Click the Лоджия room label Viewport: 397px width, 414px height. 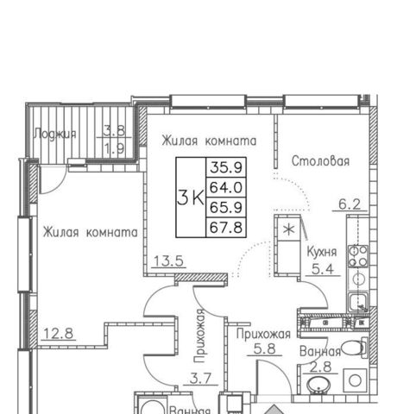(x=55, y=134)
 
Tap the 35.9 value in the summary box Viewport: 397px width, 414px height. (x=226, y=167)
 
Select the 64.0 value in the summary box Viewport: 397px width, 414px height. (x=226, y=187)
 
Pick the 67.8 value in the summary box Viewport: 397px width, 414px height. (x=226, y=228)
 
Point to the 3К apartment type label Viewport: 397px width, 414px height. (x=191, y=198)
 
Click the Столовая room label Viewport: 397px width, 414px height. (x=320, y=161)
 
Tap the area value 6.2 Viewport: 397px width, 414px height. (x=350, y=204)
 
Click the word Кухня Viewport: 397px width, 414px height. (x=322, y=252)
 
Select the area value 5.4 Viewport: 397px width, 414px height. (x=323, y=269)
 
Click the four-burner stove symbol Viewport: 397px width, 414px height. (x=358, y=256)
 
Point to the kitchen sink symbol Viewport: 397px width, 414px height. (x=358, y=302)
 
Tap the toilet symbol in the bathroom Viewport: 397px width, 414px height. (x=355, y=348)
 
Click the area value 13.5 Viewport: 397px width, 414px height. (x=168, y=261)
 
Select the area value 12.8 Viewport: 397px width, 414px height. (x=59, y=334)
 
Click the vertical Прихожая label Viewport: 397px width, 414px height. (x=199, y=336)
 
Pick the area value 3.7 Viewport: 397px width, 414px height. (x=201, y=379)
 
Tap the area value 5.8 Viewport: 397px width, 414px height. (x=265, y=349)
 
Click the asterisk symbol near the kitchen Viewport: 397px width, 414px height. (x=288, y=230)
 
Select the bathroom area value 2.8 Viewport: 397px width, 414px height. (x=321, y=367)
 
